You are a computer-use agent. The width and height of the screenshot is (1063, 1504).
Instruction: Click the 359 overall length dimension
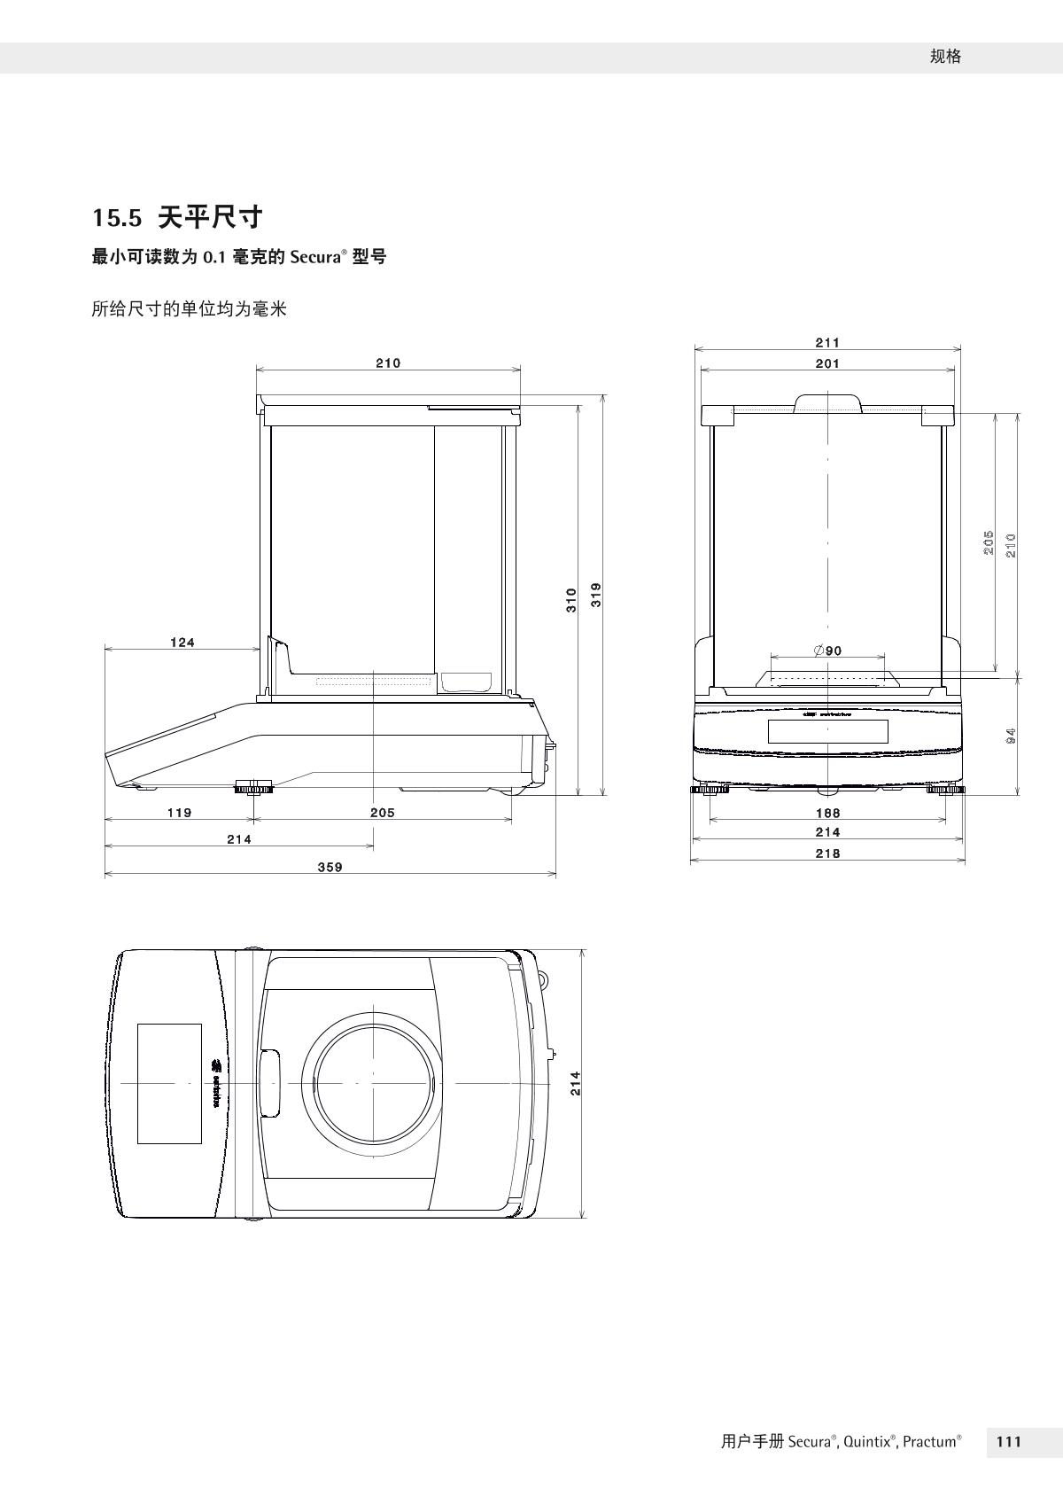point(330,867)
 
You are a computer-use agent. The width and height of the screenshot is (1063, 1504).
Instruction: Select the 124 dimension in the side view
point(182,643)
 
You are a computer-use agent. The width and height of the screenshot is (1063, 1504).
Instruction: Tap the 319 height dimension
point(596,594)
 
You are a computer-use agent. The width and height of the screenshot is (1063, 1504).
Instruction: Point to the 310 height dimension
point(571,599)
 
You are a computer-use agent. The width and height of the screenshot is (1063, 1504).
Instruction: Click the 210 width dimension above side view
point(388,362)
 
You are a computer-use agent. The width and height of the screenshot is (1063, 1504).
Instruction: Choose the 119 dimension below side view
point(180,812)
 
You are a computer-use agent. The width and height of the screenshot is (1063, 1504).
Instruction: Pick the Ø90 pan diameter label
point(827,651)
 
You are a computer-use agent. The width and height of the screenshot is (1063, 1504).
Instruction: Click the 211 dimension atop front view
point(827,342)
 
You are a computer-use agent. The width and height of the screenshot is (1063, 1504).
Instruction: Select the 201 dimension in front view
point(827,363)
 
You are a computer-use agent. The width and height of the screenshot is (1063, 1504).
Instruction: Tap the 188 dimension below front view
point(827,812)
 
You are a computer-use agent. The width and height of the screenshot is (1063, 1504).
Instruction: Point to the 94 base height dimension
point(1011,735)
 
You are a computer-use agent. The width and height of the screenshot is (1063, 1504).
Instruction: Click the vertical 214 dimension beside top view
point(575,1083)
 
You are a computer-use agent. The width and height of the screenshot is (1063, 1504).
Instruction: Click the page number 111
point(1009,1442)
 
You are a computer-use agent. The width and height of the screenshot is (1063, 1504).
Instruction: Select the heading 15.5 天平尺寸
point(178,216)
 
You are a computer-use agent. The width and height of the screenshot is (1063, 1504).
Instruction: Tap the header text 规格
point(945,57)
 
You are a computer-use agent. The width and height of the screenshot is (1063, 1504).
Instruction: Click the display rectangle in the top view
point(169,1083)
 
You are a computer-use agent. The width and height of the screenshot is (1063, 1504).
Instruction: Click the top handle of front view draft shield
point(828,404)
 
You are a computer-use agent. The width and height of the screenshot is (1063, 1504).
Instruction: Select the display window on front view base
point(827,732)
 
